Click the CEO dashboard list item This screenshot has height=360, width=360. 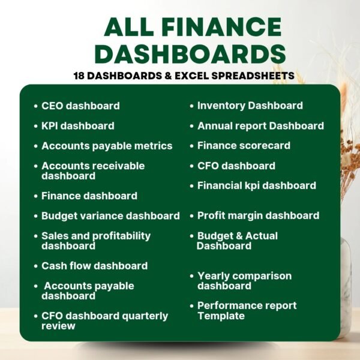(x=80, y=106)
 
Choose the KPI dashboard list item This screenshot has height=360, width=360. (x=77, y=126)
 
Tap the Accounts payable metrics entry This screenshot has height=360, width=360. (x=107, y=146)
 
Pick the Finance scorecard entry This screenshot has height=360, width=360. (x=244, y=145)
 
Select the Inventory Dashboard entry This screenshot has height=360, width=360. (x=250, y=106)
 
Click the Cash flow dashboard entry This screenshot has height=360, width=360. (x=94, y=266)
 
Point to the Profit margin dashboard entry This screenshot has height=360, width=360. (x=258, y=215)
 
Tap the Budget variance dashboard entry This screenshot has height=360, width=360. (x=110, y=215)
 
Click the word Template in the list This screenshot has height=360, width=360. (x=221, y=316)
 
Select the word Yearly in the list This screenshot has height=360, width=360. (x=214, y=276)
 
